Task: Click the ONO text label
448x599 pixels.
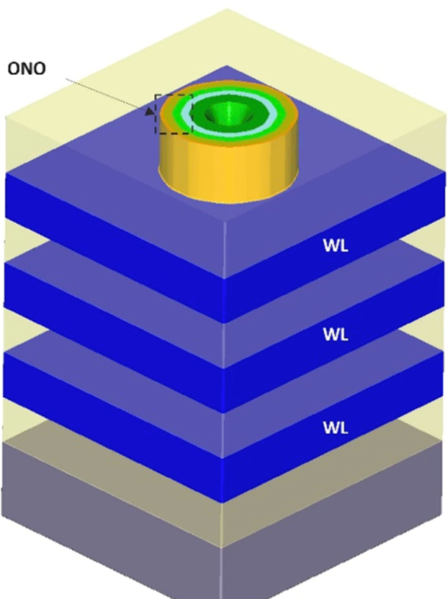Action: [x=26, y=70]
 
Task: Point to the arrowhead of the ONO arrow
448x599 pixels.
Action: [x=151, y=111]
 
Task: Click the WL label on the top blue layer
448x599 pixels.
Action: [x=336, y=245]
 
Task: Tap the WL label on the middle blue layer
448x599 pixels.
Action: [x=336, y=335]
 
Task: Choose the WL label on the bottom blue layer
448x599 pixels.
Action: [x=336, y=426]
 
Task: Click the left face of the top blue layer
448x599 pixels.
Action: [x=110, y=220]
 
